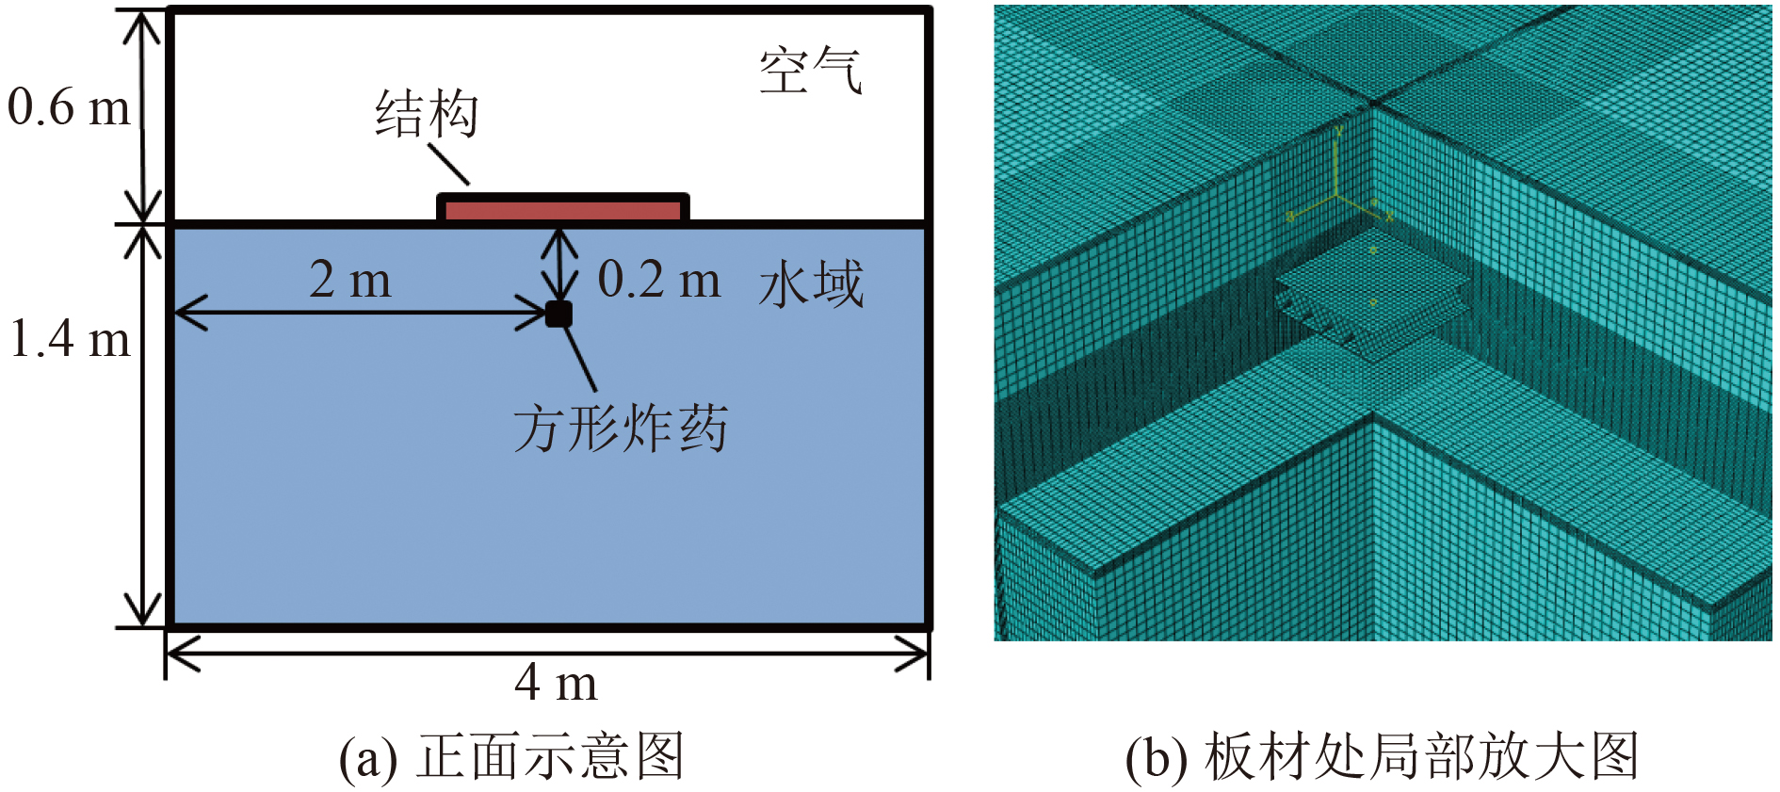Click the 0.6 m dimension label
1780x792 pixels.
tap(69, 107)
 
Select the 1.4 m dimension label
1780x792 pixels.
tap(69, 339)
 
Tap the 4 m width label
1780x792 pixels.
tap(556, 683)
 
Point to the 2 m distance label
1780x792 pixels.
tap(349, 280)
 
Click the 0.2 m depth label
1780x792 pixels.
tap(659, 280)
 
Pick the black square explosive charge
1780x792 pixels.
tap(558, 314)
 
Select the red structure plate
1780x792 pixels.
tap(563, 209)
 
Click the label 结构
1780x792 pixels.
tap(427, 115)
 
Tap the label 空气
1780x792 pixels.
tap(810, 71)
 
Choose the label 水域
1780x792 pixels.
tap(811, 284)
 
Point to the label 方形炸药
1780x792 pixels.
tap(621, 429)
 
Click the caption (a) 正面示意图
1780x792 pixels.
tap(511, 756)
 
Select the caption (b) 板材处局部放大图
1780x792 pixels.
tap(1383, 756)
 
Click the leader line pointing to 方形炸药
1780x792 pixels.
tap(579, 358)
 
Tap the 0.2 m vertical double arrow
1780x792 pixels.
tap(562, 265)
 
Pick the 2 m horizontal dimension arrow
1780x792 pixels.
tap(361, 313)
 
